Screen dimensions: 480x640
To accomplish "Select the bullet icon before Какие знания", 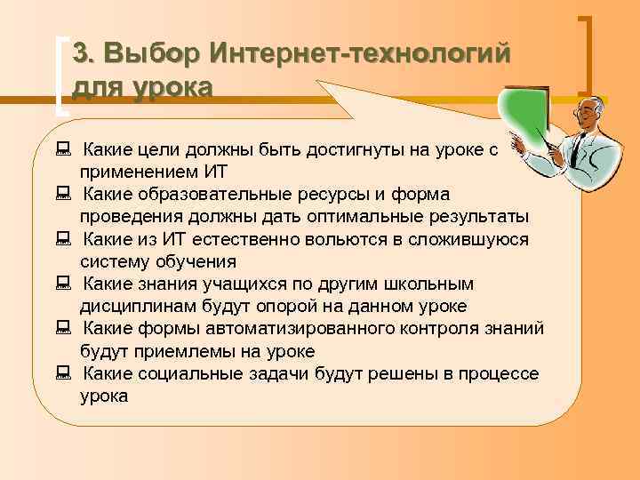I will (62, 284).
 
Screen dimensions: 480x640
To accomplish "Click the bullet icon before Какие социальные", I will (62, 374).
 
